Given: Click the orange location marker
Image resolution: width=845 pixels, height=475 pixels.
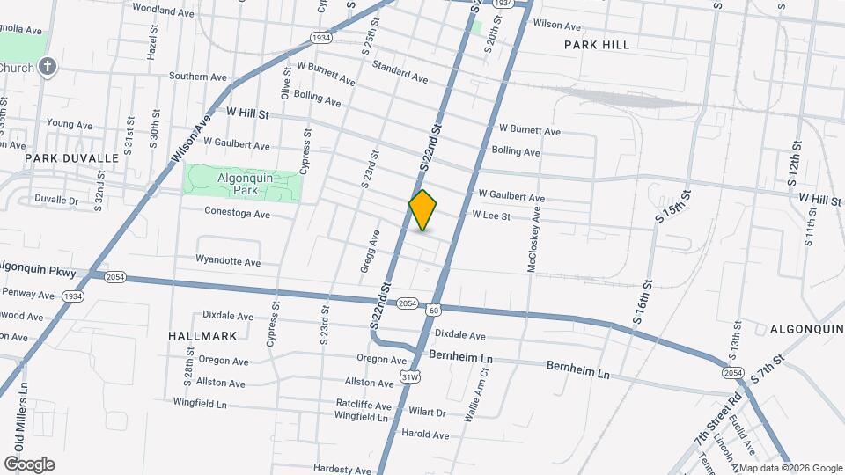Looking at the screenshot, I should (423, 210).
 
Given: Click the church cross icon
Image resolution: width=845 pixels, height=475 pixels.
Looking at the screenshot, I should (48, 67).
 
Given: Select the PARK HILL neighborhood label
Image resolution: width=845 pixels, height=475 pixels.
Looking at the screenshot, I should (597, 44).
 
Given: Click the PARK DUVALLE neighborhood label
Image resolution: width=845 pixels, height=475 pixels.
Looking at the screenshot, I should (71, 158).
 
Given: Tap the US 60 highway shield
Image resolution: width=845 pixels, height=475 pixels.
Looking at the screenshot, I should (433, 310).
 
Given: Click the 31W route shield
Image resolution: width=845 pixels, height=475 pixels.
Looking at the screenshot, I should (410, 377).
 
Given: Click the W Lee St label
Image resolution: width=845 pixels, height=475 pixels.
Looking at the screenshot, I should (491, 215).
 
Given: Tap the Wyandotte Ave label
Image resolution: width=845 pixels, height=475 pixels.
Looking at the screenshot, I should (228, 262).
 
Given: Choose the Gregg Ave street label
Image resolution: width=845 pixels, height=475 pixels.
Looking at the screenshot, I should (375, 251).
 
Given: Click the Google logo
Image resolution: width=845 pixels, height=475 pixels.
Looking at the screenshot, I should (29, 464).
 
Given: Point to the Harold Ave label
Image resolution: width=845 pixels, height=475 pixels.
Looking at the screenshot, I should (425, 435).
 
